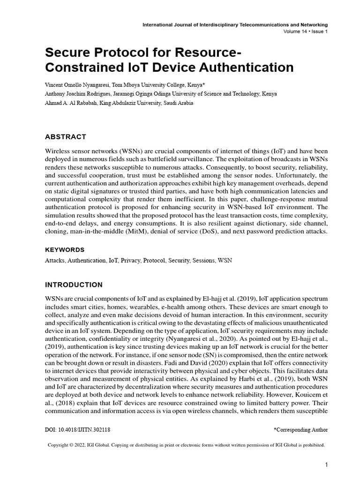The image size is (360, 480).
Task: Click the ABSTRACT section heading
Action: pyautogui.click(x=65, y=137)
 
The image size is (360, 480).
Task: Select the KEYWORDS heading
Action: pyautogui.click(x=65, y=249)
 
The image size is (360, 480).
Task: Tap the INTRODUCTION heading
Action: pyautogui.click(x=74, y=285)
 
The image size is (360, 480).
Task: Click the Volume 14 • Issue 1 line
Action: pyautogui.click(x=306, y=31)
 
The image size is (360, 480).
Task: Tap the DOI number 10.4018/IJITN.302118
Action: pyautogui.click(x=84, y=429)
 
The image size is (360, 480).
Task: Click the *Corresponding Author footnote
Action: pyautogui.click(x=300, y=429)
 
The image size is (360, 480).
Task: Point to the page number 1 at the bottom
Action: pyautogui.click(x=326, y=465)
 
